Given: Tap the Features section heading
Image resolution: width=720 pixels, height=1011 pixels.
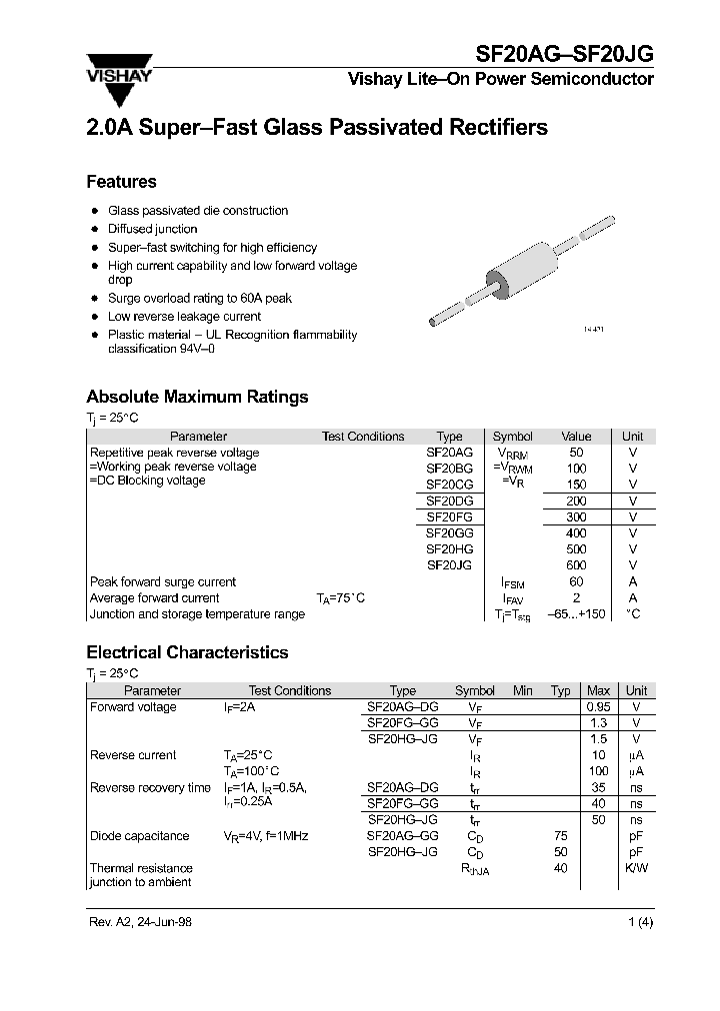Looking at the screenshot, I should (121, 182).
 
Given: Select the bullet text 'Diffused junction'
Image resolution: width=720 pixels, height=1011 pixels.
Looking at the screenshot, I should (153, 229).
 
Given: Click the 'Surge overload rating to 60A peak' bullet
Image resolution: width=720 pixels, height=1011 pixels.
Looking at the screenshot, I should (200, 298).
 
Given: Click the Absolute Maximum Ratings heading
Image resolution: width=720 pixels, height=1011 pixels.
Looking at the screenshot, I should (197, 397).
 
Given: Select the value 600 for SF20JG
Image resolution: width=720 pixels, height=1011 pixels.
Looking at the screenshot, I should (577, 565).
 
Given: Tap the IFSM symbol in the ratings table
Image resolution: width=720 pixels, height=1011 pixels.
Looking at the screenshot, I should (513, 582).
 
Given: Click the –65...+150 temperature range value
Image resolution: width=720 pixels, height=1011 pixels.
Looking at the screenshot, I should (577, 614).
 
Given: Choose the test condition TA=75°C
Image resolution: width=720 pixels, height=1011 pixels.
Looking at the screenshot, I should (340, 598).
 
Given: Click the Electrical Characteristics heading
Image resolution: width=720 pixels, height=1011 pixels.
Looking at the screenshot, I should (187, 652).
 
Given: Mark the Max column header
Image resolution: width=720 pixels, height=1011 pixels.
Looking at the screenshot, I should (598, 690).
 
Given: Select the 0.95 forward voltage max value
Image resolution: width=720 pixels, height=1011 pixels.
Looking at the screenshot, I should (598, 707).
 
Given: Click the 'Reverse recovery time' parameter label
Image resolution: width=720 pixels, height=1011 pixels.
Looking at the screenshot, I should (150, 788).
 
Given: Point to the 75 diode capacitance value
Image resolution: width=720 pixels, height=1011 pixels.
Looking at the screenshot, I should (560, 836).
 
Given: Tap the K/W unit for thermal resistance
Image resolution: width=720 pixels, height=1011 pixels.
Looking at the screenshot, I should (636, 868).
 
